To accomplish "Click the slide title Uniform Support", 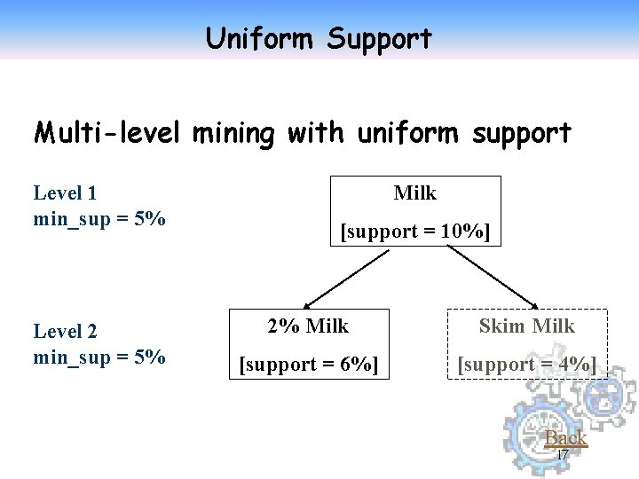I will click(x=319, y=39).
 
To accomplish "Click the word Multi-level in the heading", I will click(x=106, y=133).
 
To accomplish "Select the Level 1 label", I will click(x=65, y=192).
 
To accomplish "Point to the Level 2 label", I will click(x=65, y=332).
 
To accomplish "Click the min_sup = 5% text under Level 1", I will click(x=99, y=218).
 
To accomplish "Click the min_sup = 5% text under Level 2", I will click(x=99, y=357).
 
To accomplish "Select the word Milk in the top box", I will click(x=415, y=192).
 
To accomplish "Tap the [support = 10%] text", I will click(x=415, y=232).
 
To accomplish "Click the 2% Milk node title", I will click(x=308, y=326).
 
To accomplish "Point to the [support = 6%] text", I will click(x=308, y=365).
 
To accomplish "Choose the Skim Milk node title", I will click(x=527, y=326).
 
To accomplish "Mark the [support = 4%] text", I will click(x=527, y=365).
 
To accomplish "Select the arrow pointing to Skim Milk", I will click(x=493, y=276).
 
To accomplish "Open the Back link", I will click(x=565, y=437).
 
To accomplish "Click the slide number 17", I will click(x=561, y=454).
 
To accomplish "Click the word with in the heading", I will click(x=322, y=133).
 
